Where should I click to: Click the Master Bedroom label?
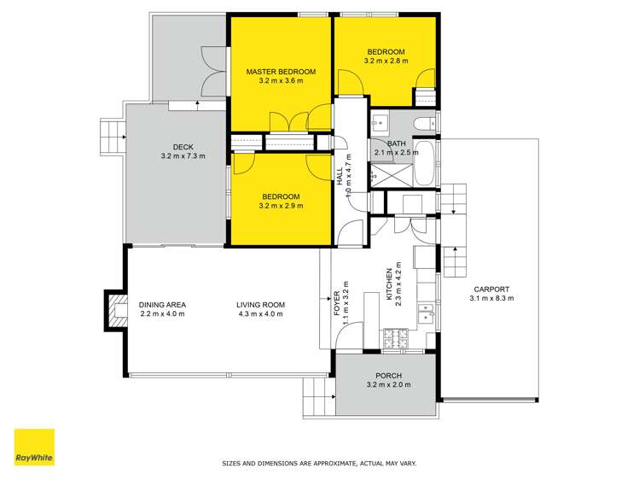click(281, 72)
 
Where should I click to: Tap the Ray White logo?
click(34, 447)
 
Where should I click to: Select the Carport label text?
click(491, 290)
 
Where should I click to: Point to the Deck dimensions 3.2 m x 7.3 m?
click(183, 155)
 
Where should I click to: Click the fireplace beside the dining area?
click(116, 310)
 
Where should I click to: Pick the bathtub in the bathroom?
click(425, 163)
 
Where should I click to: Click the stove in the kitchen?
click(395, 338)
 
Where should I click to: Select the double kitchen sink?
click(427, 313)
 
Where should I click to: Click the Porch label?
click(388, 376)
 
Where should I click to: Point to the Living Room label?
click(260, 305)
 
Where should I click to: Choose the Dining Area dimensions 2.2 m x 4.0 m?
click(162, 313)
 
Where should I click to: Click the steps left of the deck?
click(112, 137)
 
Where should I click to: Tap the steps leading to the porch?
click(319, 397)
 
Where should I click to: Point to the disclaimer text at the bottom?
click(319, 463)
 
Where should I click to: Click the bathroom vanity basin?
click(380, 121)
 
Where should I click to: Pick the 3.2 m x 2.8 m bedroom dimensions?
click(386, 61)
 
